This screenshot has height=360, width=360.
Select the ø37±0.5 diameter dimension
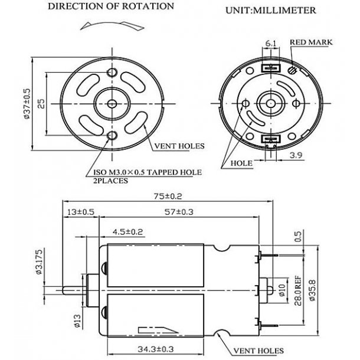click(27, 103)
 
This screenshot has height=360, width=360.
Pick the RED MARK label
click(311, 42)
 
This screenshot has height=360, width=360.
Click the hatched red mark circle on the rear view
click(294, 70)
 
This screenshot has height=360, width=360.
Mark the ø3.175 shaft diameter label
click(54, 260)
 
